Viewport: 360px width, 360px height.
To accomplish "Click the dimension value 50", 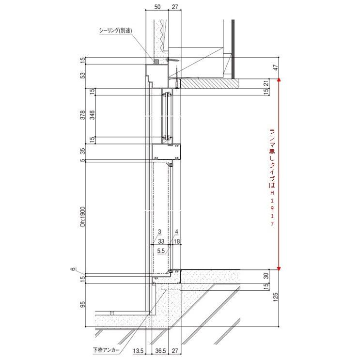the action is pyautogui.click(x=157, y=7).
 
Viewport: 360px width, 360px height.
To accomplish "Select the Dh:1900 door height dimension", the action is pyautogui.click(x=83, y=217).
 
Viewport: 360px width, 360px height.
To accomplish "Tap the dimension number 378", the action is pyautogui.click(x=83, y=115).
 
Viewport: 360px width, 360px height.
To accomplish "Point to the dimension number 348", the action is pyautogui.click(x=92, y=115).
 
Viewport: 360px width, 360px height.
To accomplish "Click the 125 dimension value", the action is pyautogui.click(x=276, y=297).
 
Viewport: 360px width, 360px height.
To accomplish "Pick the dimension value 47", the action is pyautogui.click(x=276, y=68).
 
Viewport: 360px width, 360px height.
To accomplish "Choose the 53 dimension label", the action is pyautogui.click(x=83, y=75).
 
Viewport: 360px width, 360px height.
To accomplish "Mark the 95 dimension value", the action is pyautogui.click(x=83, y=304).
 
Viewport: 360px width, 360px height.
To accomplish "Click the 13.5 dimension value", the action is pyautogui.click(x=139, y=351).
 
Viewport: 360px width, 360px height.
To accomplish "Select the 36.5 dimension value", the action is pyautogui.click(x=160, y=351).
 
